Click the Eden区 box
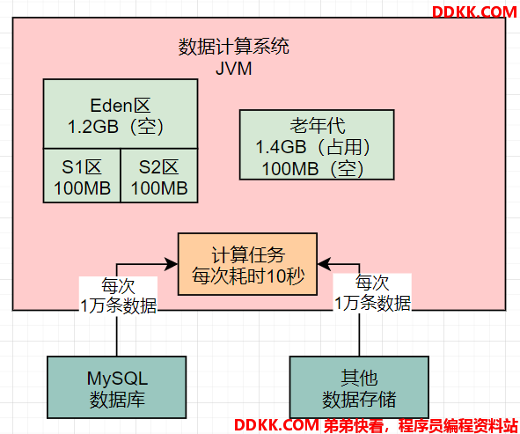click(121, 114)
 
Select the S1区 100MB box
click(82, 175)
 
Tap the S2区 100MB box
click(159, 175)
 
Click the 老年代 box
click(317, 144)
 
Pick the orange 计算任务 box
click(247, 264)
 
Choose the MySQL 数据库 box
click(117, 387)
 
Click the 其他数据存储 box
click(359, 387)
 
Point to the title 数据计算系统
click(234, 46)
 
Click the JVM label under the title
click(234, 69)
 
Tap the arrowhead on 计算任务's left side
click(172, 264)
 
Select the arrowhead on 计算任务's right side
click(324, 264)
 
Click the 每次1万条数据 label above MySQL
click(118, 295)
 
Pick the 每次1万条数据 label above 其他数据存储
click(372, 292)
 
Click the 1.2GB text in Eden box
click(93, 127)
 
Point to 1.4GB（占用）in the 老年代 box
click(313, 147)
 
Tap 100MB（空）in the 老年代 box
click(313, 168)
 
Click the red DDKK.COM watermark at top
click(474, 12)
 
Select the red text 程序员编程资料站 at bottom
click(458, 425)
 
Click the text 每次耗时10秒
click(248, 276)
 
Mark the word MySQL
click(117, 379)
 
